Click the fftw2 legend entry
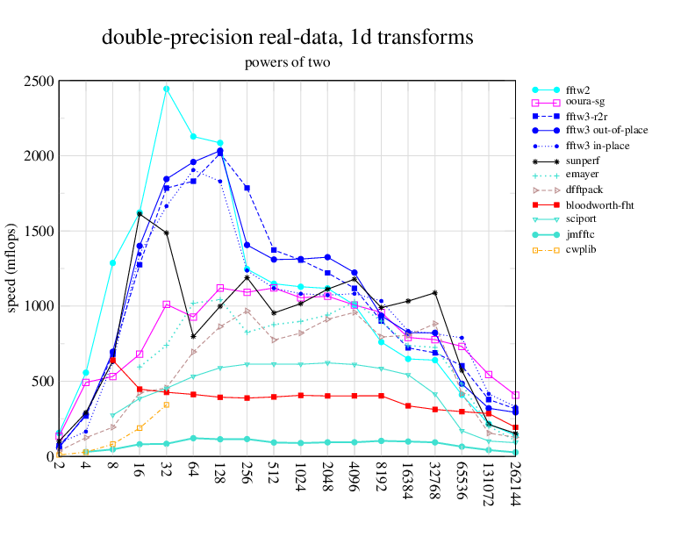tap(578, 89)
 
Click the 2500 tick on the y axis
tap(39, 82)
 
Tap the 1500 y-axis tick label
tap(39, 232)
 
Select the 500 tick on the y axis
tap(43, 382)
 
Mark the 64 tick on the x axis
tap(193, 471)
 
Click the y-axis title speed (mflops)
tap(12, 268)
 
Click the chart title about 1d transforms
tap(287, 38)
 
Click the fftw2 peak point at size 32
tap(167, 89)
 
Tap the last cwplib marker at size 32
tap(167, 405)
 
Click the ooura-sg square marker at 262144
tap(516, 396)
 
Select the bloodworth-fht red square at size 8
tap(112, 361)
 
